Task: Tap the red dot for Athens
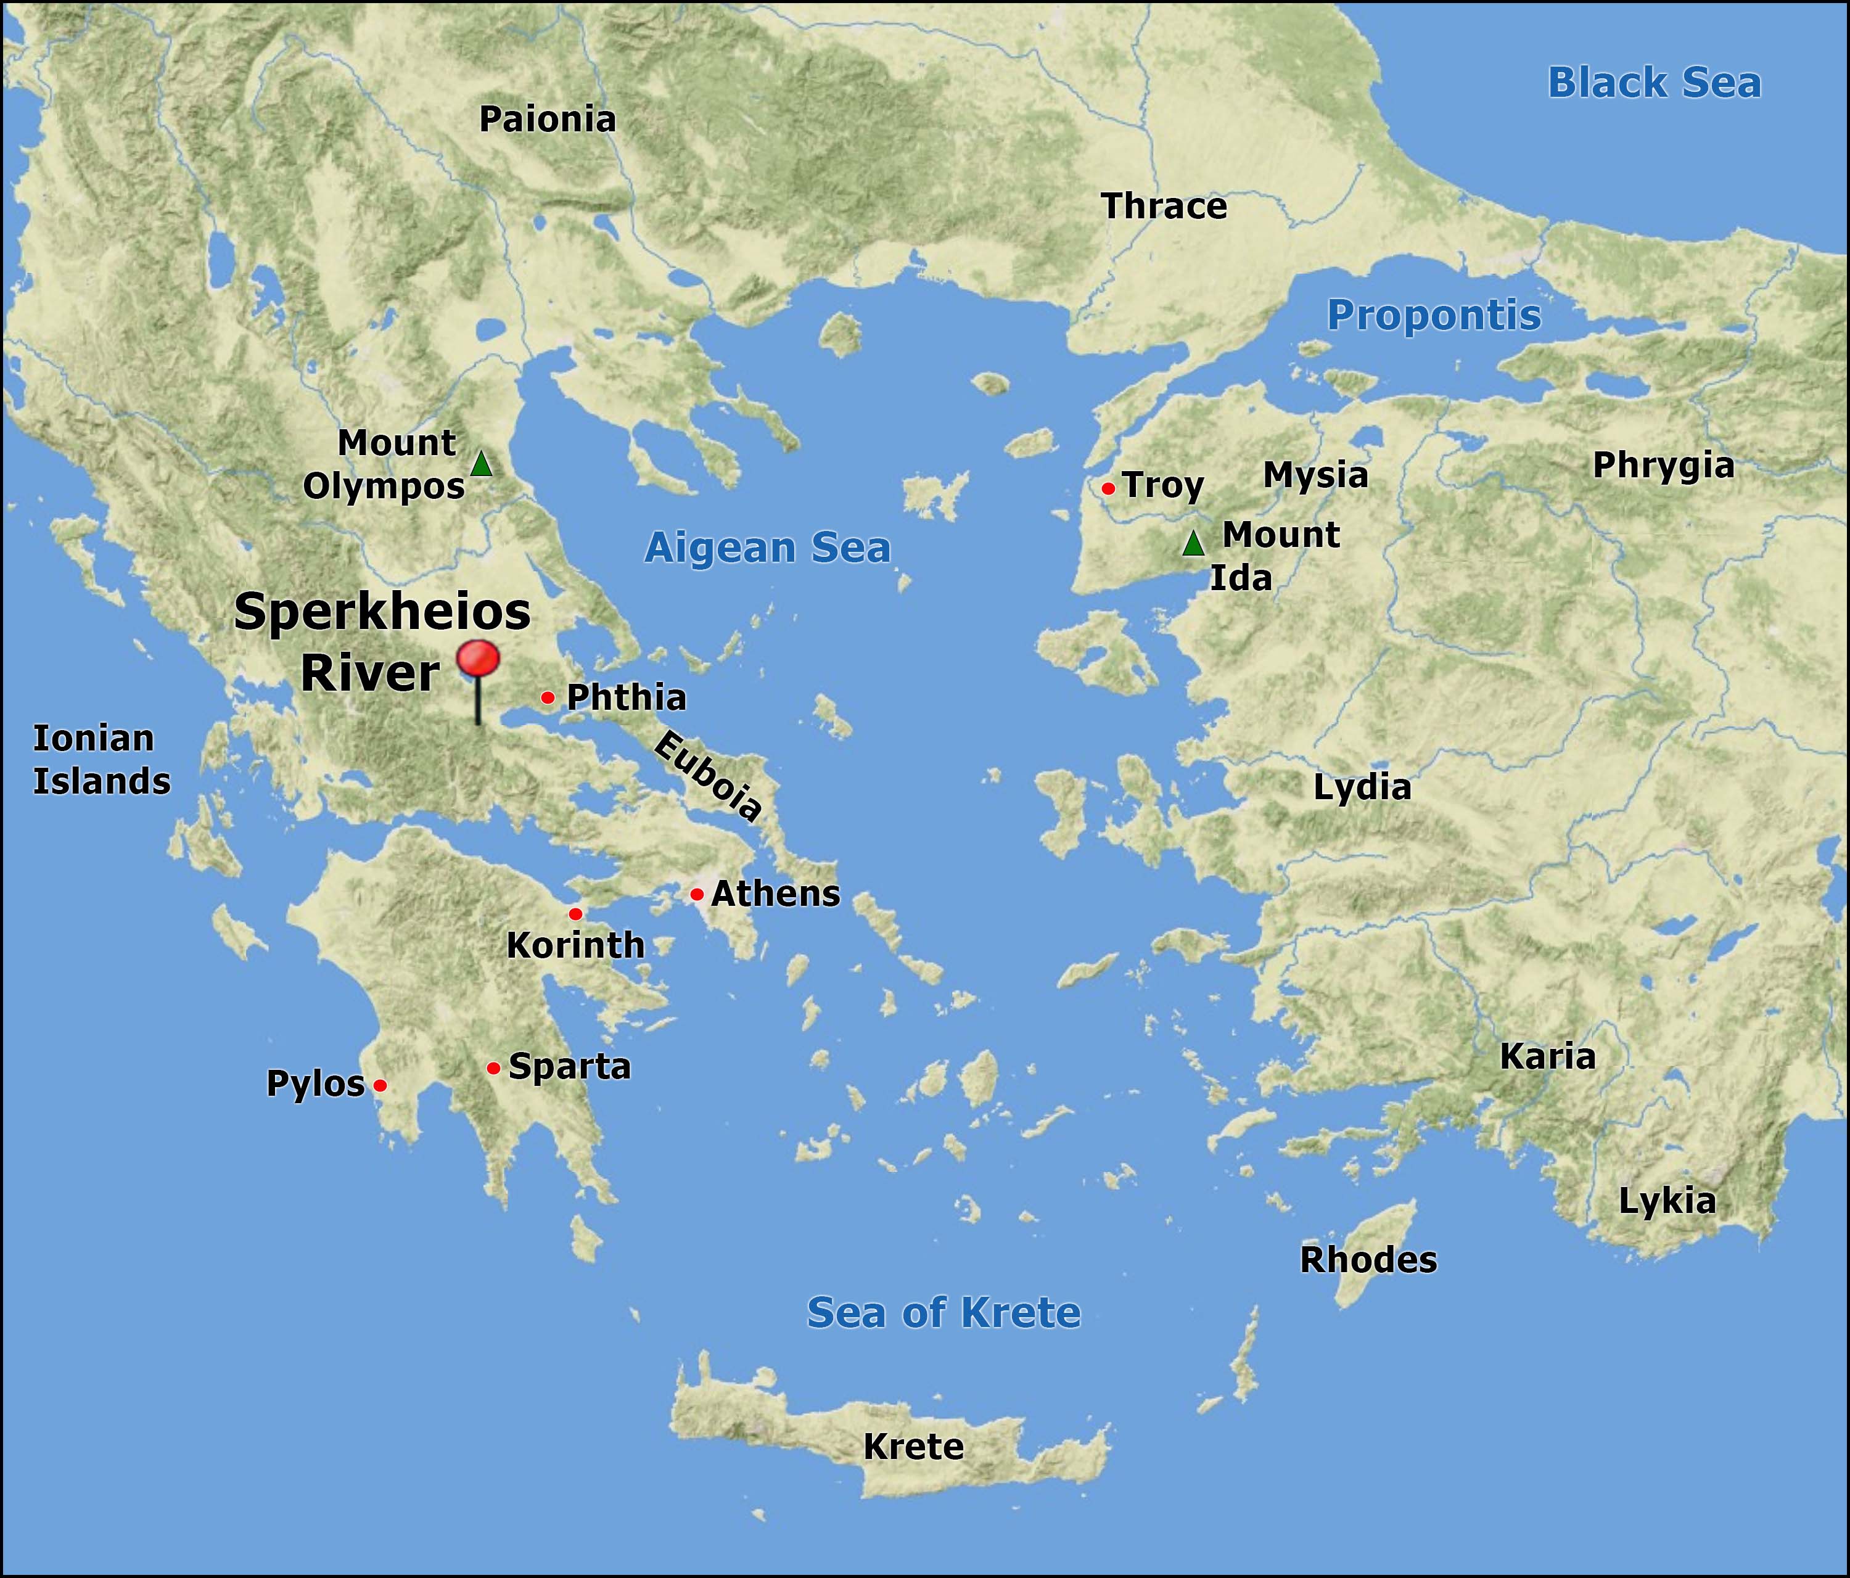pos(696,894)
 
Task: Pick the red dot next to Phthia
pos(548,697)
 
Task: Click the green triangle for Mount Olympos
pos(481,464)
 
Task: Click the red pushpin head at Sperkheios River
pos(478,660)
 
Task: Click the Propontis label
pos(1434,315)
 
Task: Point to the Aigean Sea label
pos(768,548)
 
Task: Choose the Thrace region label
pos(1164,207)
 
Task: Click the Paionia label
pos(548,120)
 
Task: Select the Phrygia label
pos(1663,466)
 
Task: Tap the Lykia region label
pos(1667,1201)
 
